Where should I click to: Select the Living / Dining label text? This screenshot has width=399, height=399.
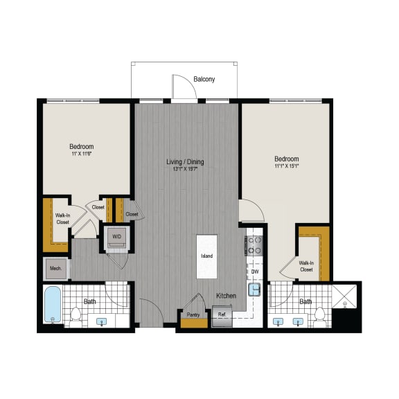[185, 162]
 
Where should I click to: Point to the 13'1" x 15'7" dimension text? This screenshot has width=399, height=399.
[185, 170]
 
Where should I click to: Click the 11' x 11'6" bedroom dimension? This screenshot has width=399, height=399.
[81, 154]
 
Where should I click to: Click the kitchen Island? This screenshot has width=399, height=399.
[206, 256]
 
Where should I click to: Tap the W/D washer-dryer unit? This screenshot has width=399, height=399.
[115, 236]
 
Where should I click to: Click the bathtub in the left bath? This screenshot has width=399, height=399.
[53, 305]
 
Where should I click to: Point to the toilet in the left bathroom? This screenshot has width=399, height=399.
[78, 317]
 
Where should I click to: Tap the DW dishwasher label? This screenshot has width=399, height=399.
[255, 272]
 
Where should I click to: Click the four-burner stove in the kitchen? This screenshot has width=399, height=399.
[254, 246]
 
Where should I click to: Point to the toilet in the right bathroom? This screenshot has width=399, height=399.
[319, 317]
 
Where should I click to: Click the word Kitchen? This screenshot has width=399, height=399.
[225, 296]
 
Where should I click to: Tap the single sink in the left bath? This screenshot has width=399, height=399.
[103, 321]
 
